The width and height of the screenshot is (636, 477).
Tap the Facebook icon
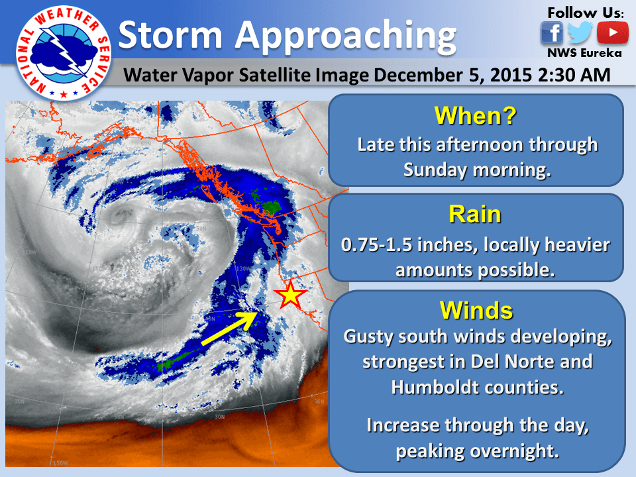coord(551,32)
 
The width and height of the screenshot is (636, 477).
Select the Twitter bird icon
coord(580,32)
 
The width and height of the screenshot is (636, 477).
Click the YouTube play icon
coord(612,32)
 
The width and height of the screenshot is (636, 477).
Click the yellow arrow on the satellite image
coord(229,328)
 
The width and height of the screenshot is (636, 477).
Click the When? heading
coord(475,117)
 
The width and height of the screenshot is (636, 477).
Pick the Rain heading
coord(475,214)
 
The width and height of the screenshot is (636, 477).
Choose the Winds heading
coord(476,310)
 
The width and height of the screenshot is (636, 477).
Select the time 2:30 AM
coord(573,76)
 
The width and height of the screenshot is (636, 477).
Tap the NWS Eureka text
coord(584,54)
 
